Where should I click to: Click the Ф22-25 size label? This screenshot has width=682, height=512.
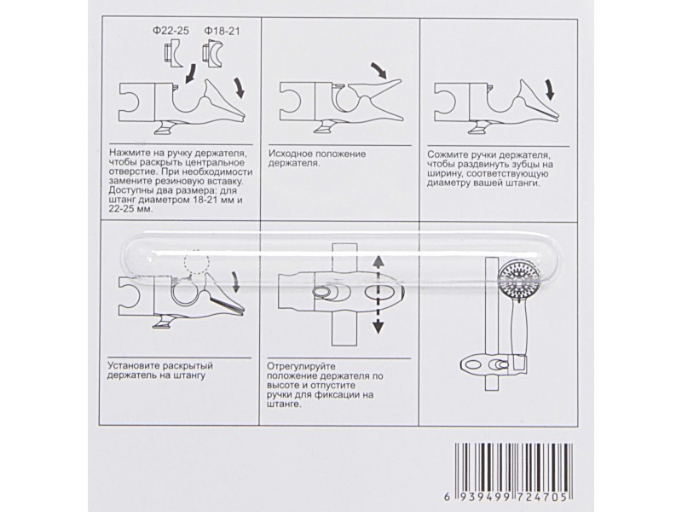coord(171,31)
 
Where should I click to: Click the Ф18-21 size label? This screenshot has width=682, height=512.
coord(222,31)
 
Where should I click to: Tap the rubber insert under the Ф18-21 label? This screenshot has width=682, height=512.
coord(212,54)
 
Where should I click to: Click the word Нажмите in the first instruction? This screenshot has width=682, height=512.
coord(128,154)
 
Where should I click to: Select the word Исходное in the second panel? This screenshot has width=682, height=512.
coord(289,154)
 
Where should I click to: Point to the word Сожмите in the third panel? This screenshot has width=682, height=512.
coord(446,155)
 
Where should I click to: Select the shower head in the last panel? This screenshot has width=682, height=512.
coord(518,279)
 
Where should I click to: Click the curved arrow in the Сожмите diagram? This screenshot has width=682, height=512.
coord(549,90)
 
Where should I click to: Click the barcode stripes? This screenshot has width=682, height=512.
coord(514,467)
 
